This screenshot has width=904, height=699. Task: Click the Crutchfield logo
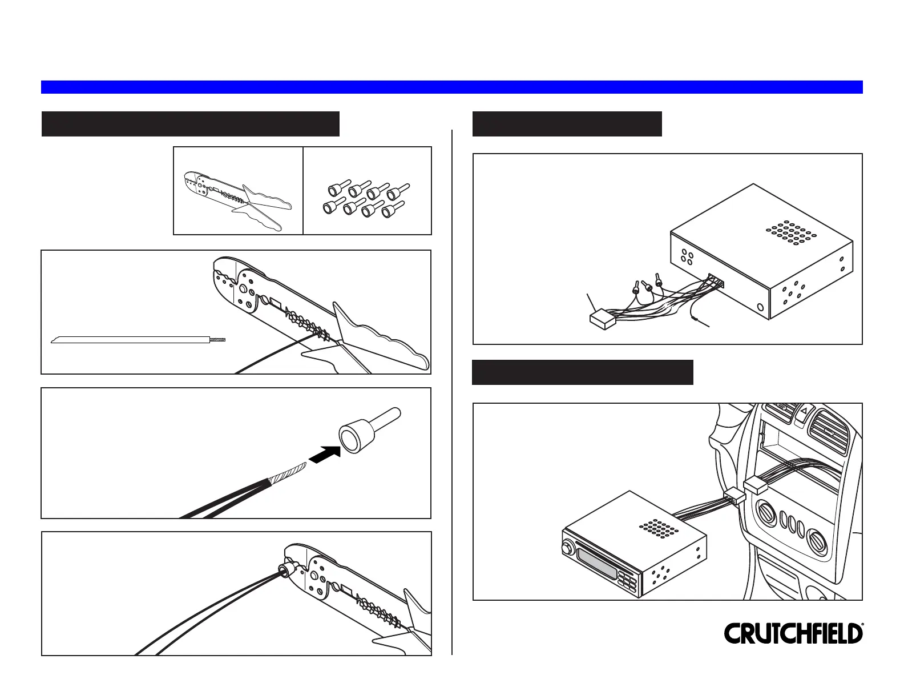pyautogui.click(x=793, y=634)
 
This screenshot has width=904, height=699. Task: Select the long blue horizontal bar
pyautogui.click(x=451, y=87)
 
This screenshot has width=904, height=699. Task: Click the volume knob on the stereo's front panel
pyautogui.click(x=568, y=549)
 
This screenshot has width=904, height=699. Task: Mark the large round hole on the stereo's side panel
pyautogui.click(x=760, y=308)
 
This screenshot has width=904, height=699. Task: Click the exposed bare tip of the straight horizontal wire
pyautogui.click(x=219, y=340)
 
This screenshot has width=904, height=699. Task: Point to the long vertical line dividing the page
pyautogui.click(x=452, y=391)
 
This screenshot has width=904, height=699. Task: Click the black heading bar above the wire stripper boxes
pyautogui.click(x=191, y=124)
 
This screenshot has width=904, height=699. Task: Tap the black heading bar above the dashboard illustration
pyautogui.click(x=583, y=372)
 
